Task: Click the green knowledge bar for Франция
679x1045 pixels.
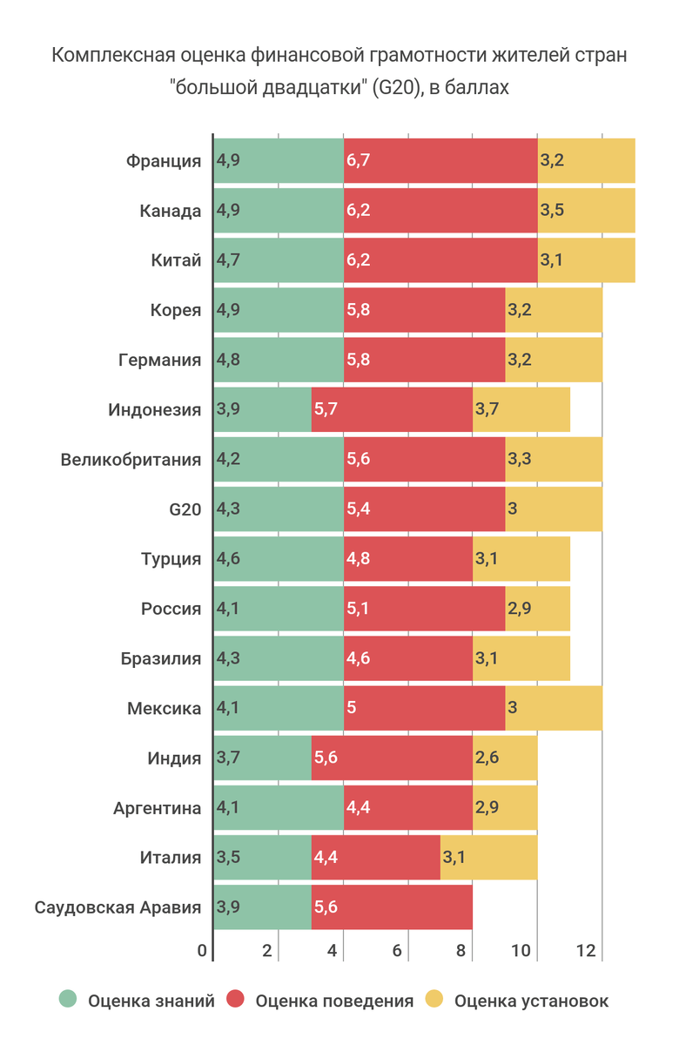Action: [279, 161]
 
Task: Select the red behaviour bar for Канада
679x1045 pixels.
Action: [440, 211]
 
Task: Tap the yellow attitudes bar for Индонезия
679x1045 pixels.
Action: [521, 410]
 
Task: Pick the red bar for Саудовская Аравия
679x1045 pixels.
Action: [392, 907]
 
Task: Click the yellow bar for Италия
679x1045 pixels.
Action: [488, 858]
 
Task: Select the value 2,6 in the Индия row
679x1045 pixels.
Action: [487, 758]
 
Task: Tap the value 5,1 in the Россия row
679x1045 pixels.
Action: [359, 609]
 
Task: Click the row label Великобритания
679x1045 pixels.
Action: [131, 460]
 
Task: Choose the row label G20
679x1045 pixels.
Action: [184, 509]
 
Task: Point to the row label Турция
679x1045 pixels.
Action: [171, 559]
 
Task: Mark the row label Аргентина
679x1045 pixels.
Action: [157, 808]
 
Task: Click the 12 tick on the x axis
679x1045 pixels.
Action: [587, 951]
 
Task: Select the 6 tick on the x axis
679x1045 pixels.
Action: [397, 951]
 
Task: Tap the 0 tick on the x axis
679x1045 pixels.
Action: [202, 951]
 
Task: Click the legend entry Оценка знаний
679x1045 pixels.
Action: [151, 1001]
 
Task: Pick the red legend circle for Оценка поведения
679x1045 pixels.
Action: [235, 1001]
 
